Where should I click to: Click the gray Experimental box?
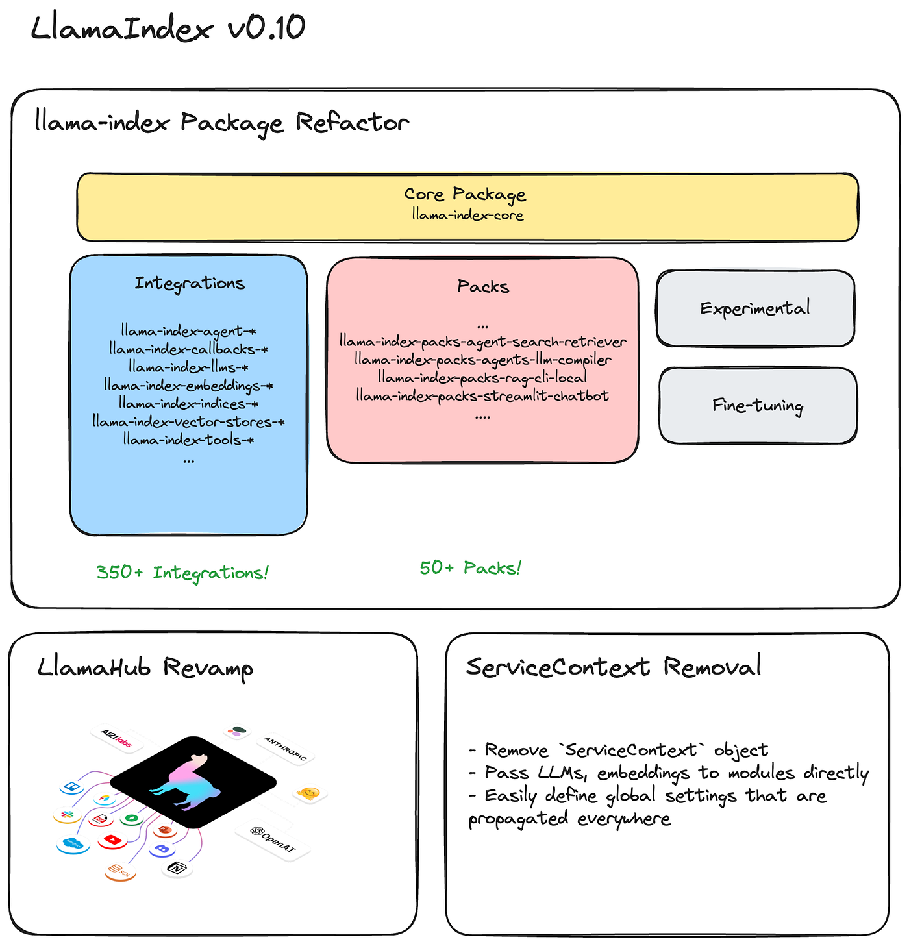tap(755, 308)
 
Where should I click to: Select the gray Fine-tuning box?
tap(758, 406)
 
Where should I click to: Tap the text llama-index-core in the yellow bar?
tap(467, 215)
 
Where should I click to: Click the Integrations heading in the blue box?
tap(190, 284)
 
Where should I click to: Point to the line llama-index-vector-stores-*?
tap(188, 422)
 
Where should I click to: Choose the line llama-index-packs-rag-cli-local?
tap(482, 377)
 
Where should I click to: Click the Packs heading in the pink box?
tap(482, 286)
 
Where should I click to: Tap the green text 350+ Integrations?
tap(182, 573)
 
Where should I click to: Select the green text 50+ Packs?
tap(470, 568)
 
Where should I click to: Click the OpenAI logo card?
tap(273, 841)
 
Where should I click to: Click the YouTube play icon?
tap(112, 840)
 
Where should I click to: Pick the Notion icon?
tap(177, 867)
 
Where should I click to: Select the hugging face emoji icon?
tap(309, 793)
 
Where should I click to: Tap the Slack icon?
tap(66, 814)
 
